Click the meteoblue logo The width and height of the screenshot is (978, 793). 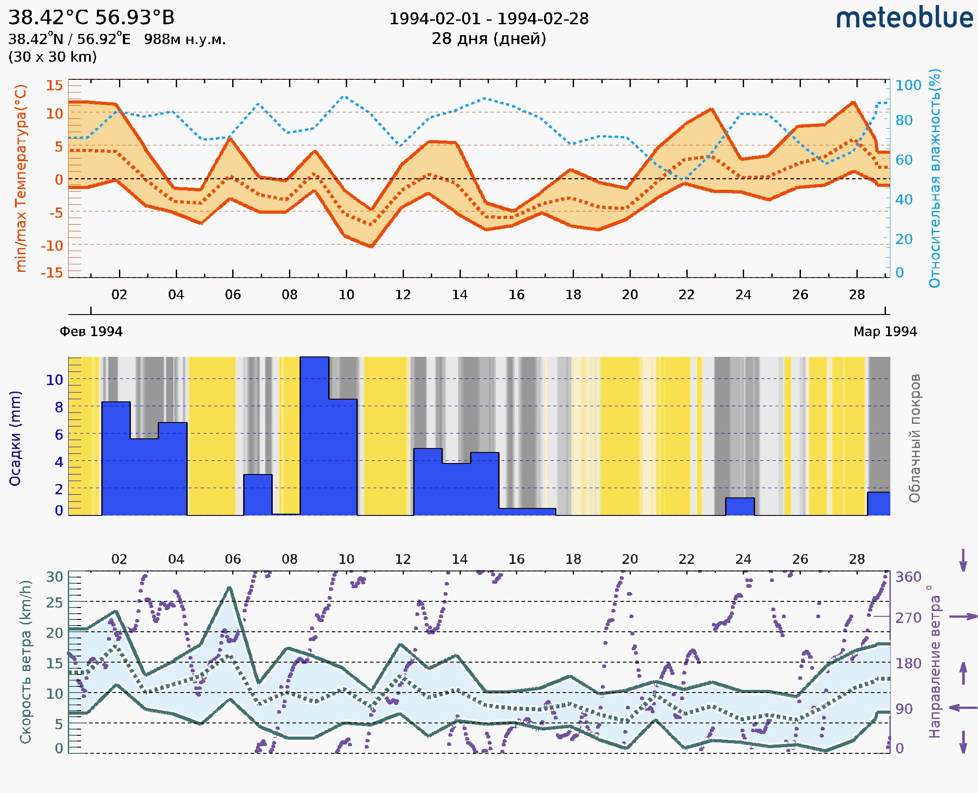click(x=904, y=18)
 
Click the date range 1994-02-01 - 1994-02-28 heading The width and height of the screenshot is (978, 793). click(x=489, y=19)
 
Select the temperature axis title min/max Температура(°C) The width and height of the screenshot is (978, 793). click(x=21, y=178)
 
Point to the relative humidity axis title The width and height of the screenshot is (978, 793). click(x=934, y=178)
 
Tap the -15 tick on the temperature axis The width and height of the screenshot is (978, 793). click(x=52, y=273)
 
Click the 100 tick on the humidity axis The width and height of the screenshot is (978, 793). click(x=908, y=85)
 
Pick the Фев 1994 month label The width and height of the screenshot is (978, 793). click(x=91, y=332)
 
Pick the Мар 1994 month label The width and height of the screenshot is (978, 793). click(x=885, y=332)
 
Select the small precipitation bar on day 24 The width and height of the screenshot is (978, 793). click(x=740, y=507)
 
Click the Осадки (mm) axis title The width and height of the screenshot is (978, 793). click(x=15, y=438)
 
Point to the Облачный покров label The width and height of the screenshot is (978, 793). click(x=914, y=438)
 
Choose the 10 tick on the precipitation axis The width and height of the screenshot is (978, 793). click(x=54, y=380)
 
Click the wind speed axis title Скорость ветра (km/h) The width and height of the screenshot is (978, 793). click(x=26, y=662)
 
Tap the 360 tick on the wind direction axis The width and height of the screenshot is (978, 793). click(x=908, y=577)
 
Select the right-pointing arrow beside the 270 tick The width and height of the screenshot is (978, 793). click(x=963, y=617)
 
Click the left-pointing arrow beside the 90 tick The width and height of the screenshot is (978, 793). click(x=963, y=708)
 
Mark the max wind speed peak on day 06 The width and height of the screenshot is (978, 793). click(x=230, y=588)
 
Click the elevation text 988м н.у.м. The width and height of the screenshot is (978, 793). click(x=185, y=39)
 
